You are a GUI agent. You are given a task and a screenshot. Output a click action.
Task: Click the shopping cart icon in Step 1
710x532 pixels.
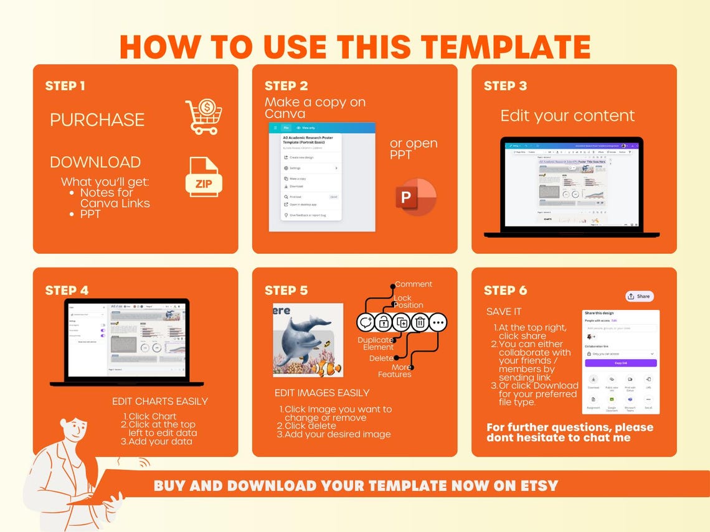(204, 117)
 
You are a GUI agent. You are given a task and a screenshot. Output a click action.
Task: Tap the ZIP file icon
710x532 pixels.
(204, 177)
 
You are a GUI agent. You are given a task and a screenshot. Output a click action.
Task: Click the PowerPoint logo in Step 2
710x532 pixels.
(415, 197)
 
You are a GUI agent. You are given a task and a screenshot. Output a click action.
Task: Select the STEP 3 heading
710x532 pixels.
(505, 86)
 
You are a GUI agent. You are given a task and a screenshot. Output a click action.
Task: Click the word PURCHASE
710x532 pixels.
(97, 119)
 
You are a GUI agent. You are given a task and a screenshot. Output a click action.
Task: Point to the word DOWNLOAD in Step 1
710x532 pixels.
(95, 162)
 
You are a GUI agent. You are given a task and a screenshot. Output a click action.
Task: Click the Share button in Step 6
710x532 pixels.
(639, 296)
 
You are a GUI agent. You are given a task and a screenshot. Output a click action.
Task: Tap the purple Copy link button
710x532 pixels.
(620, 363)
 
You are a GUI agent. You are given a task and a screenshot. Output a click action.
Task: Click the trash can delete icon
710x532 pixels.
(420, 322)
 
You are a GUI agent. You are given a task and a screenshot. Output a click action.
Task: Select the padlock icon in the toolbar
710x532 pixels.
(383, 322)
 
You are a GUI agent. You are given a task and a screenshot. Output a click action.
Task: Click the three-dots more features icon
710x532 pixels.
(438, 322)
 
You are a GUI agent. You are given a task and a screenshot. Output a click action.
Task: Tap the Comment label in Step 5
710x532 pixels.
(414, 284)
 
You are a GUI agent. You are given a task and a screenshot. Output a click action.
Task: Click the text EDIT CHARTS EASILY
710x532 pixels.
(160, 401)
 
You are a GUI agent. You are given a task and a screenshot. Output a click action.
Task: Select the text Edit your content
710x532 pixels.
(567, 116)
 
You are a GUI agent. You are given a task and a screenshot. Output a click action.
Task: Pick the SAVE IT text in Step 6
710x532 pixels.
(504, 311)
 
